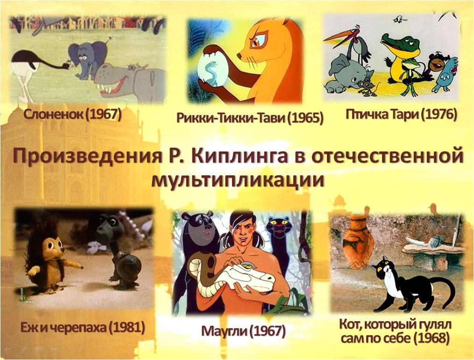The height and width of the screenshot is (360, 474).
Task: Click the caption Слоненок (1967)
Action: tap(72, 115)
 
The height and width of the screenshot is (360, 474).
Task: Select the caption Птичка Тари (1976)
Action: tap(401, 115)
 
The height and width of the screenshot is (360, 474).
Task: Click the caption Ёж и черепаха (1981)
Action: tap(83, 327)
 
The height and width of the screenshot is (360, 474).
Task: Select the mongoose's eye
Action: tap(259, 41)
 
